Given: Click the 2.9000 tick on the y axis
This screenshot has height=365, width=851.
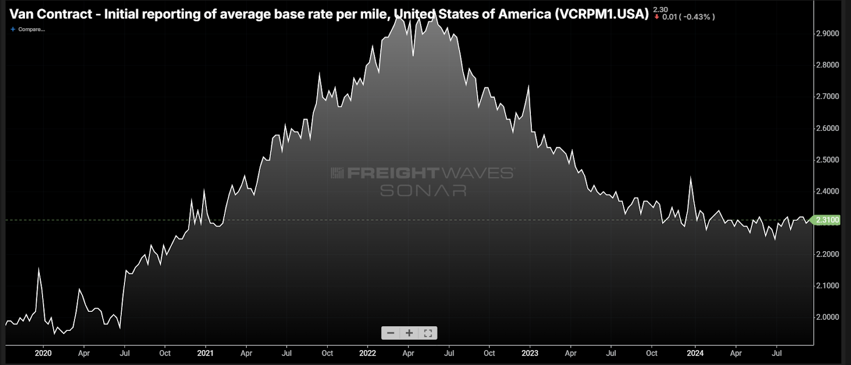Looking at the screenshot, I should [x=827, y=34].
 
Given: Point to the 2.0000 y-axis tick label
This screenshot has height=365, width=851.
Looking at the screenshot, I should [x=827, y=317].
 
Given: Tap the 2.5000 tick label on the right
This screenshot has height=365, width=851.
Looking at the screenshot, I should [x=827, y=160].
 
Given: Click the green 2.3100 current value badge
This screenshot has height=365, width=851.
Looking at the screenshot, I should [x=827, y=220].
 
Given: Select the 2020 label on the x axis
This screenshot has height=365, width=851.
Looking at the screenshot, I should [x=43, y=353].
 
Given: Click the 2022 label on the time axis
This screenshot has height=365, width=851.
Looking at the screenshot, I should [x=368, y=353].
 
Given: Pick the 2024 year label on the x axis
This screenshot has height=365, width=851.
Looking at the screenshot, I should [x=695, y=353].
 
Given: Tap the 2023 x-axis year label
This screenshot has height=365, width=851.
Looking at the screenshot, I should [x=530, y=353].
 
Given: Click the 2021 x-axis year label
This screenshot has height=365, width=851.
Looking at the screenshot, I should [x=205, y=353].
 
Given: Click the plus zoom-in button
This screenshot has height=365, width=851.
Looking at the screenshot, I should [x=409, y=333].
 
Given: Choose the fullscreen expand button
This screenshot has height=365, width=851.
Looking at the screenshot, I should [x=428, y=333].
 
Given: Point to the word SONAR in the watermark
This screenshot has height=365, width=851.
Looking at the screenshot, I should [x=423, y=190].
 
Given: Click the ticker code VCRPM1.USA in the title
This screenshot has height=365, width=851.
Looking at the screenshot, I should [x=602, y=14].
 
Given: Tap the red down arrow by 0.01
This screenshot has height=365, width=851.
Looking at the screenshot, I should [x=657, y=17].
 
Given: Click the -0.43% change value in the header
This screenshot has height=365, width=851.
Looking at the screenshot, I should [x=697, y=17].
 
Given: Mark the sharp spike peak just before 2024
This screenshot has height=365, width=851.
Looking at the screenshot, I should [x=690, y=178].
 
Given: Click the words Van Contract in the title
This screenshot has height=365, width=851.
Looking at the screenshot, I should [x=51, y=14].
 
